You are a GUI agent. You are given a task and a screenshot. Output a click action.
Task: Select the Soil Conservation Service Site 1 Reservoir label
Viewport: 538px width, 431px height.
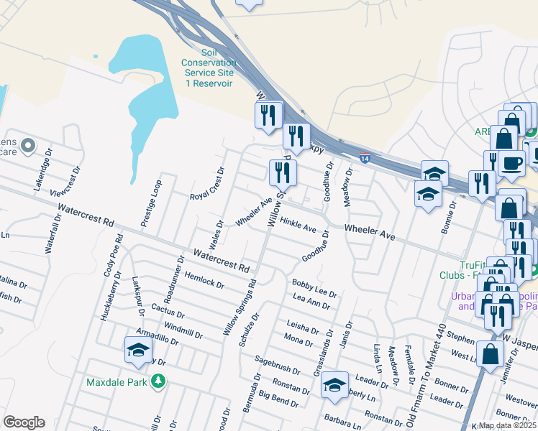pyautogui.click(x=209, y=68)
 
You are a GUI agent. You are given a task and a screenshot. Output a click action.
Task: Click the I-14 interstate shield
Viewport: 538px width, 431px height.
pyautogui.click(x=365, y=158)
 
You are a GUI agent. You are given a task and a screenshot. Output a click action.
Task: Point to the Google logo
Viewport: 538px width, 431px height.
pyautogui.click(x=24, y=422)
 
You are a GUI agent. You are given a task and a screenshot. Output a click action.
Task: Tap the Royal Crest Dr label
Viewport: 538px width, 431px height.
pyautogui.click(x=208, y=184)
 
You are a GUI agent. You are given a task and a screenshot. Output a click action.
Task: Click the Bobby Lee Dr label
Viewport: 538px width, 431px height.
pyautogui.click(x=314, y=287)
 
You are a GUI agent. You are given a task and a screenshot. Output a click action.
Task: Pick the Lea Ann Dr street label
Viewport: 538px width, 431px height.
pyautogui.click(x=311, y=301)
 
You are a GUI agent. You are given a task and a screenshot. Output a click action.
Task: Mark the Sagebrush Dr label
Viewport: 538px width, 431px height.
pyautogui.click(x=277, y=365)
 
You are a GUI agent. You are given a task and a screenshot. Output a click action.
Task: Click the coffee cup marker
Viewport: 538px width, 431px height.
pyautogui.click(x=511, y=164)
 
